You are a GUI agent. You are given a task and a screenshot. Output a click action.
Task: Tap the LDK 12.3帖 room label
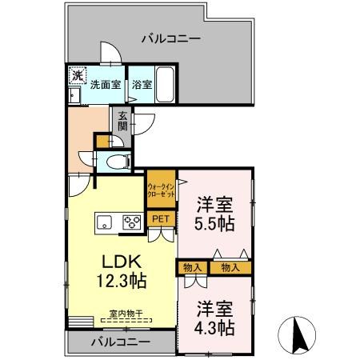coord(121,271)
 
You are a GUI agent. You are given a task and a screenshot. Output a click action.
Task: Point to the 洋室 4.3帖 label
coord(214,318)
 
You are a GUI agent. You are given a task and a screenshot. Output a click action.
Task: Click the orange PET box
coord(161,218)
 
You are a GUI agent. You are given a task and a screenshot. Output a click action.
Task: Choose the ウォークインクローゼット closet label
coord(161,190)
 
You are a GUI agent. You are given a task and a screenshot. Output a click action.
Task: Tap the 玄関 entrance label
coord(123,120)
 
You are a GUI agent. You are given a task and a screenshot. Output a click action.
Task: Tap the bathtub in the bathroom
coord(166,82)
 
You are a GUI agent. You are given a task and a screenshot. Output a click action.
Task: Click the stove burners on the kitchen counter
coord(130,222)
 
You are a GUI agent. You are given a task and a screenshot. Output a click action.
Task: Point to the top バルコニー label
coord(171,38)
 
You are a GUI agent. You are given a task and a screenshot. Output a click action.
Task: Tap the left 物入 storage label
coord(192,267)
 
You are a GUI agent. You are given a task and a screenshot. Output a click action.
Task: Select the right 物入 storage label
coord(230,267)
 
